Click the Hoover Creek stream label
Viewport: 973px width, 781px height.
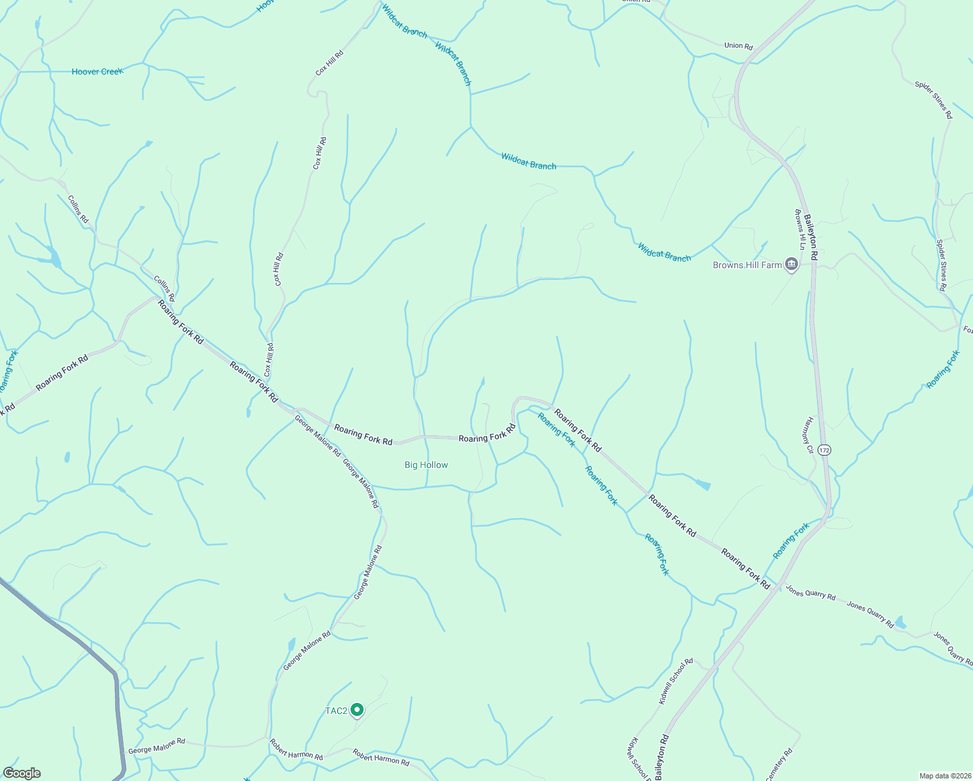pos(97,72)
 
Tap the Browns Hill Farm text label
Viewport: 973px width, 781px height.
pos(747,265)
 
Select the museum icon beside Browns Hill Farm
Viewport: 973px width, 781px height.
pos(792,264)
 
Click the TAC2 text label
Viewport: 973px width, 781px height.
pos(336,711)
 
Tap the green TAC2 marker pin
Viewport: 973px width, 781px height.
pos(356,709)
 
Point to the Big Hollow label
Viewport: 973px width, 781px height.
pos(426,465)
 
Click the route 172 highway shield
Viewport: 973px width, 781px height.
pos(825,450)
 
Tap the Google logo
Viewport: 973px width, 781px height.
pos(22,773)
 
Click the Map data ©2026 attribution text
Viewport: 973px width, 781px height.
pos(944,776)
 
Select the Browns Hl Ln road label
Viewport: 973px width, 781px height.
pos(800,229)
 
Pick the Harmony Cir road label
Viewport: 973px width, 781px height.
pos(809,435)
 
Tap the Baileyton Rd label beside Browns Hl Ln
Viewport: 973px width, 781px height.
pos(811,238)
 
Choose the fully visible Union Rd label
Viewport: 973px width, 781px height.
pos(738,46)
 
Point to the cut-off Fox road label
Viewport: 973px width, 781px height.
pos(968,329)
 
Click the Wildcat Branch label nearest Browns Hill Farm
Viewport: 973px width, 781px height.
pos(664,253)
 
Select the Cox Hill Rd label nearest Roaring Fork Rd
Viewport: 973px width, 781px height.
pos(269,360)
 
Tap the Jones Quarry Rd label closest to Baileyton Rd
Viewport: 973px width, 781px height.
pos(810,592)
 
